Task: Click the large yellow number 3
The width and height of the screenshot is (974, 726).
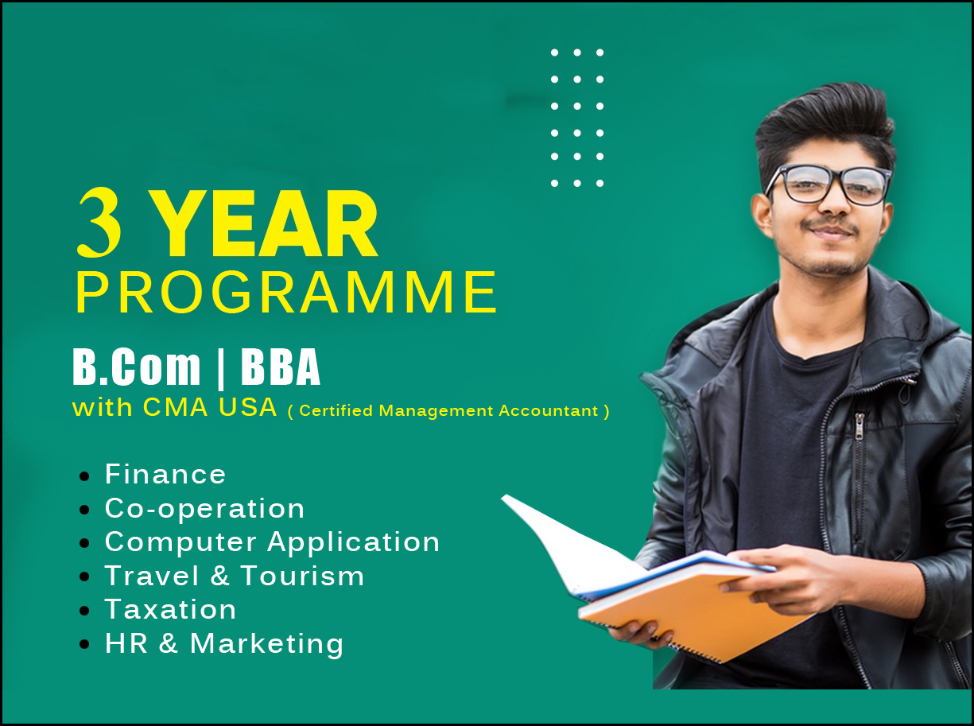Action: click(x=99, y=223)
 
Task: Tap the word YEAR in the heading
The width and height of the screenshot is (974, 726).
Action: click(x=268, y=223)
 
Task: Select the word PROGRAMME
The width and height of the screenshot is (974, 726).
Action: click(x=287, y=293)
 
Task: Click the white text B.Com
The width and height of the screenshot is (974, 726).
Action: click(x=136, y=367)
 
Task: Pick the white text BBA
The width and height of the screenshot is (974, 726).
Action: click(x=281, y=367)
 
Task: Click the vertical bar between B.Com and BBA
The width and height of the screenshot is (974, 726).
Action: click(x=220, y=368)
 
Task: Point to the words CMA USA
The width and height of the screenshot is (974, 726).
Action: click(x=210, y=407)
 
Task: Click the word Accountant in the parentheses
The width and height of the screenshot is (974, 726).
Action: click(x=549, y=411)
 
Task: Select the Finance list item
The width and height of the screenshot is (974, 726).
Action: click(x=165, y=475)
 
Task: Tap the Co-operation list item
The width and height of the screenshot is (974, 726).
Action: click(x=204, y=508)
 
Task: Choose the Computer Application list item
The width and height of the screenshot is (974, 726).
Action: click(x=272, y=542)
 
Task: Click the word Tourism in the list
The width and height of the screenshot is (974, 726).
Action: click(x=302, y=576)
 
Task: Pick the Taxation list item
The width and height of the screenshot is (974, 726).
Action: click(x=170, y=609)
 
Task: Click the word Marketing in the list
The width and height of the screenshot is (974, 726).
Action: click(x=266, y=644)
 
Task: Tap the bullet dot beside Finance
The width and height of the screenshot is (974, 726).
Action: click(x=84, y=476)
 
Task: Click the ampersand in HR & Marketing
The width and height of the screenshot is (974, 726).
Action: click(x=169, y=644)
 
